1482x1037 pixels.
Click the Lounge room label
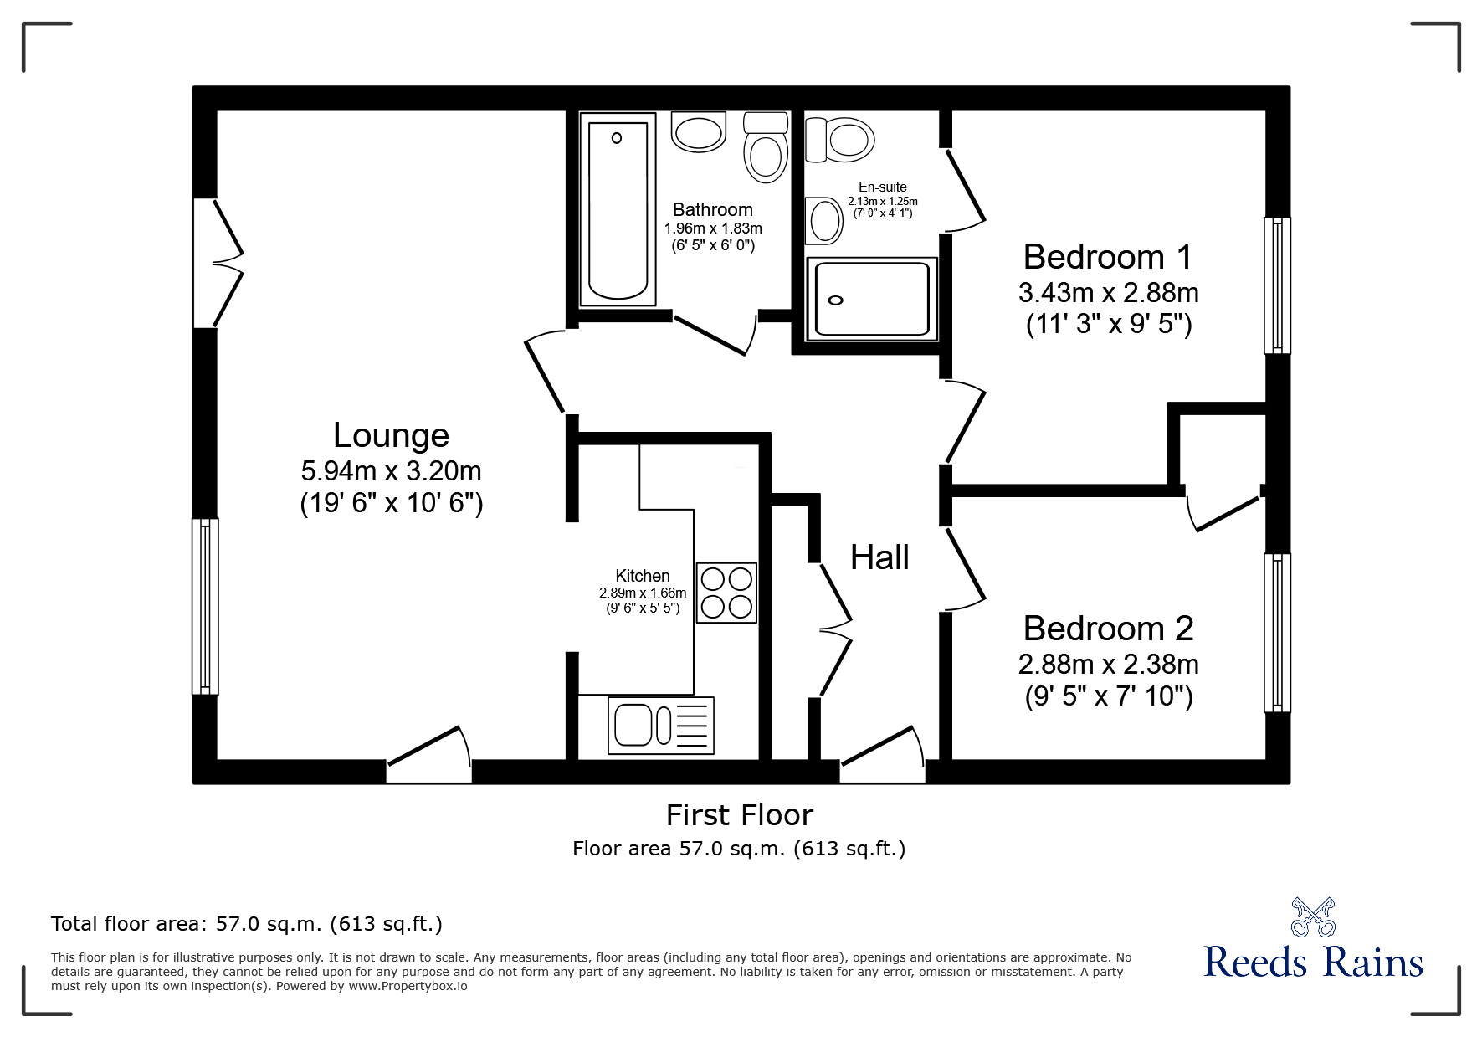[x=391, y=435]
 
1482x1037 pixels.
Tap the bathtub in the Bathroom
[x=618, y=211]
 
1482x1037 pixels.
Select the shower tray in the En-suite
[x=869, y=299]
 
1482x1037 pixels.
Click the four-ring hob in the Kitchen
[x=726, y=593]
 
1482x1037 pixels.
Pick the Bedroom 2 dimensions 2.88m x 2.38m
[x=1108, y=665]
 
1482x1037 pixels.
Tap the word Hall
[x=879, y=557]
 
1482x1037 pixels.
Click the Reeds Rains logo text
[x=1313, y=962]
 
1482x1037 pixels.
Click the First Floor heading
[x=739, y=814]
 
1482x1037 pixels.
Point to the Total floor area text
[x=247, y=924]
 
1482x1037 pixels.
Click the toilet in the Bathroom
[x=765, y=149]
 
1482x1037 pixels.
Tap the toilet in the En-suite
[x=841, y=139]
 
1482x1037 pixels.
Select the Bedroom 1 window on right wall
[x=1276, y=285]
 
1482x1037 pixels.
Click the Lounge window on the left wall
[x=205, y=606]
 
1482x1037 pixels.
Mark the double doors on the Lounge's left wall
[x=216, y=263]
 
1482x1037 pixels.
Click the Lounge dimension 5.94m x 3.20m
[x=391, y=471]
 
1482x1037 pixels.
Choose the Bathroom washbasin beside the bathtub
[x=699, y=133]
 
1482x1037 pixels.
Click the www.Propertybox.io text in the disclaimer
[x=408, y=986]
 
